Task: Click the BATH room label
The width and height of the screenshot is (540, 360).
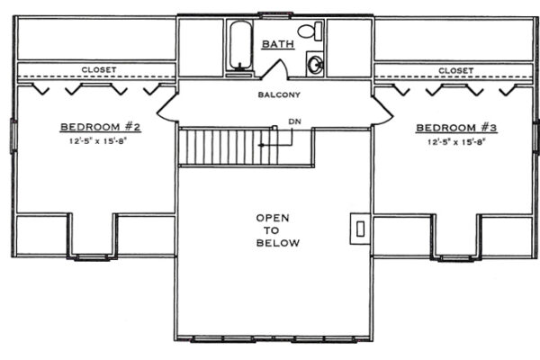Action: pos(278,44)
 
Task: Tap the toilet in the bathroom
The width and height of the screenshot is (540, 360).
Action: pos(310,31)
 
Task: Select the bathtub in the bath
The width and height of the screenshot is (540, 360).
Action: pos(240,45)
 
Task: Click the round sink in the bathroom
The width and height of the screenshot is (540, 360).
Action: pos(315,64)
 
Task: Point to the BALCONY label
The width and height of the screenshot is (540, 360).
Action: pos(279,94)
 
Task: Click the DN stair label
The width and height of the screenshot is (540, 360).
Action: pos(294,121)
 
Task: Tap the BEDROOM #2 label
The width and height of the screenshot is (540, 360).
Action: pos(101,127)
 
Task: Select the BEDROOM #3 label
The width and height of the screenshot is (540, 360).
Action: pos(456,128)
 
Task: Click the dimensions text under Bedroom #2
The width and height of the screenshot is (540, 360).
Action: pos(98,140)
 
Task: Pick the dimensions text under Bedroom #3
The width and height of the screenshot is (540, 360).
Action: pos(456,141)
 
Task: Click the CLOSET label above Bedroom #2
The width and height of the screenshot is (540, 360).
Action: pos(99,69)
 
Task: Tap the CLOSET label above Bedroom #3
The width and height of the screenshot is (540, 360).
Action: pos(456,70)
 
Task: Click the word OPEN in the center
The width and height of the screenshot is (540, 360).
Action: pos(273,218)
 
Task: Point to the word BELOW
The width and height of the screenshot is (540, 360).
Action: pos(278,243)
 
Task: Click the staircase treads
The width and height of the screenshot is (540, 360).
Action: pos(229,147)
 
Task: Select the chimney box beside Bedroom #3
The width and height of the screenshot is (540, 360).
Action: pos(360,229)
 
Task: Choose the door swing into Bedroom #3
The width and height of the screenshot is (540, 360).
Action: pos(382,110)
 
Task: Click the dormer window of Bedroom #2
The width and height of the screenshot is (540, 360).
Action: pos(92,257)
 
